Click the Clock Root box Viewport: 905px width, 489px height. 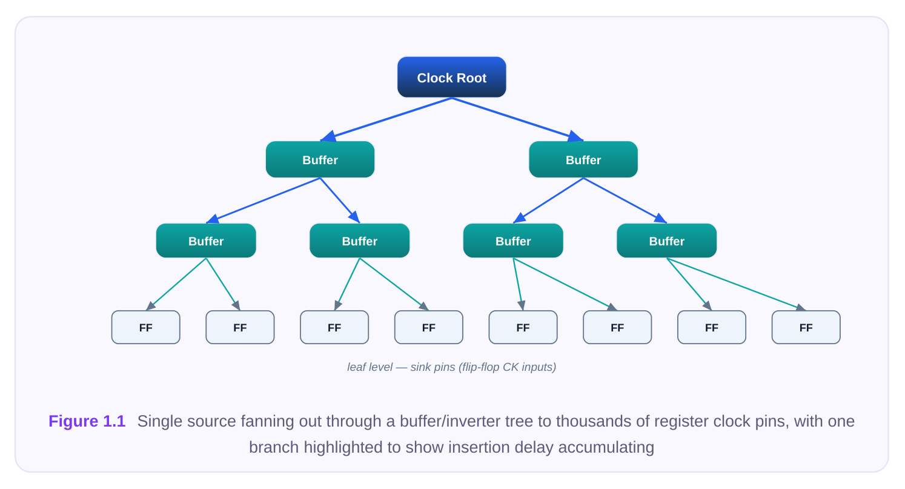452,77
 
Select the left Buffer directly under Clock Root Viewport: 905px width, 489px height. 320,159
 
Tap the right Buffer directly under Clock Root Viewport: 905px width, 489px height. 583,159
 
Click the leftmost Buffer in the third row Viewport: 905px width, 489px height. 206,241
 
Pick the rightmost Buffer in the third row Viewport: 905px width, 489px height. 666,241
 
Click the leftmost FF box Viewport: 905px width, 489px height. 146,327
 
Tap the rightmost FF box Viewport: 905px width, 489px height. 806,327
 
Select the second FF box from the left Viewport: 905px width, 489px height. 240,327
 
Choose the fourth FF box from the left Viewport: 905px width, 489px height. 429,327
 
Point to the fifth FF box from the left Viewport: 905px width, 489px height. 523,327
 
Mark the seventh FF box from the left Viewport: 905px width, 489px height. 712,327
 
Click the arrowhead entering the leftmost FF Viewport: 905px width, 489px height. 150,307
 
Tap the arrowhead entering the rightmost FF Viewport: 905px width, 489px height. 801,308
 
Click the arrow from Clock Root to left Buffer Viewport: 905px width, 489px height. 386,119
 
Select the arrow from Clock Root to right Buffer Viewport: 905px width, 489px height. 517,119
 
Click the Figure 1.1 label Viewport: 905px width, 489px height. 87,422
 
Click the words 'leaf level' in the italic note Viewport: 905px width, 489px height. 370,367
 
